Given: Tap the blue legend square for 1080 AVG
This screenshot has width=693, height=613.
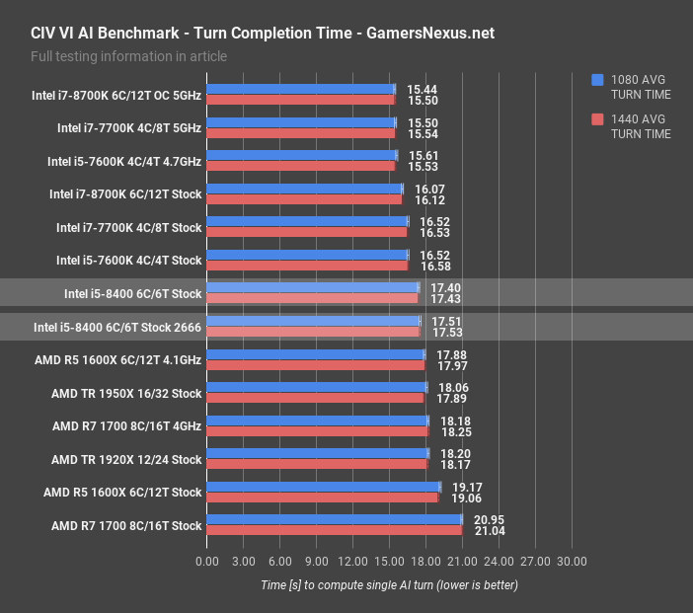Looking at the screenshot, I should click(x=597, y=80).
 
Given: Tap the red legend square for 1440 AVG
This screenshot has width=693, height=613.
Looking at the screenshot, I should click(x=597, y=119).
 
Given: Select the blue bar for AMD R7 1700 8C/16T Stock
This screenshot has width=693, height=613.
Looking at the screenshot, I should click(x=334, y=519).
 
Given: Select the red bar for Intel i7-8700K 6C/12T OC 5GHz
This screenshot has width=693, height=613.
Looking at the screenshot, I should click(x=300, y=100).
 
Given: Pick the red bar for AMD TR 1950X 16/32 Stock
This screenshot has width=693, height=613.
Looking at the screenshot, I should click(x=315, y=398).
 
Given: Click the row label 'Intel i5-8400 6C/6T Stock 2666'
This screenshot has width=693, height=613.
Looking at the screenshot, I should click(x=117, y=327).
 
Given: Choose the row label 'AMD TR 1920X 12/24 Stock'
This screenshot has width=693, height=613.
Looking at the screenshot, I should click(x=126, y=459).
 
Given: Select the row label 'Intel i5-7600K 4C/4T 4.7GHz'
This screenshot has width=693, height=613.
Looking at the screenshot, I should click(x=124, y=161).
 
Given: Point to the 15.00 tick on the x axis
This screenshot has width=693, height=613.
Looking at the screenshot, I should click(x=389, y=562).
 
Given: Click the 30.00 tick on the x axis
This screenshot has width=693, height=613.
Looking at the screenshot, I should click(x=572, y=562).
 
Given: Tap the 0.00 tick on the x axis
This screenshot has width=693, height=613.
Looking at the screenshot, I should click(x=207, y=562).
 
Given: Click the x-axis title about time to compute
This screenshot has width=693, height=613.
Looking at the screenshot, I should click(x=389, y=584).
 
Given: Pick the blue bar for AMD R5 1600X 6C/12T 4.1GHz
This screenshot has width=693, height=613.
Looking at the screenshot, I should click(x=316, y=353).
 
